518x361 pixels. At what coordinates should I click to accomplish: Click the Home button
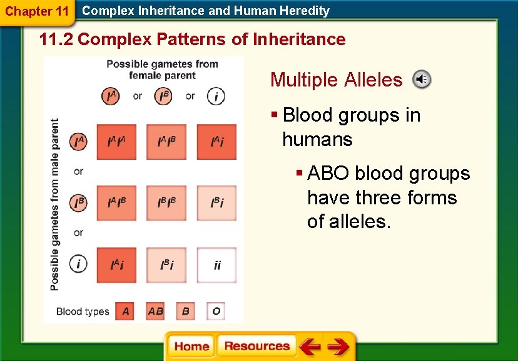tap(191, 347)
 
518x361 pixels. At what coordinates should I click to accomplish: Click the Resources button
tap(256, 346)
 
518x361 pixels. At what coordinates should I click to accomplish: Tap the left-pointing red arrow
tap(310, 347)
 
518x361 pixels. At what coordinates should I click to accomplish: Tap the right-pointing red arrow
tap(338, 347)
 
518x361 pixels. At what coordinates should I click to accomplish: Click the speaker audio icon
tap(422, 80)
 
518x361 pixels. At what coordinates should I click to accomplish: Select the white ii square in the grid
tap(216, 265)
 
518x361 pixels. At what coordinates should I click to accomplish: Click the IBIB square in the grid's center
tap(166, 203)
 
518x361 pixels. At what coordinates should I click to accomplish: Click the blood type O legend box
tap(216, 311)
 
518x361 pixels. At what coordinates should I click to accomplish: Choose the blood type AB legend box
tap(156, 311)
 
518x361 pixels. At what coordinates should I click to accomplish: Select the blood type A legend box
tap(125, 311)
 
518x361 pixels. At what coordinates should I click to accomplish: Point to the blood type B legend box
tap(186, 311)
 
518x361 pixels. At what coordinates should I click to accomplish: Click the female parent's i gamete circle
tap(216, 96)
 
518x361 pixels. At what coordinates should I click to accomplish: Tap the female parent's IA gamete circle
tap(111, 96)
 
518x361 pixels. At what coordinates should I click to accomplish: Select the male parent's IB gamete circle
tap(78, 203)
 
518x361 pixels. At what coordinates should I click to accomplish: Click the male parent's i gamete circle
tap(78, 264)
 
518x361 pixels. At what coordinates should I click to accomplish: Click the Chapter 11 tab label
tap(36, 11)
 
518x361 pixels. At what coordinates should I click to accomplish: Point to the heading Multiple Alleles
tap(336, 80)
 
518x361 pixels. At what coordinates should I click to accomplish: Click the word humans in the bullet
tap(317, 139)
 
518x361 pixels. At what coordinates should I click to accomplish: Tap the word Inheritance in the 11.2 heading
tap(299, 39)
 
